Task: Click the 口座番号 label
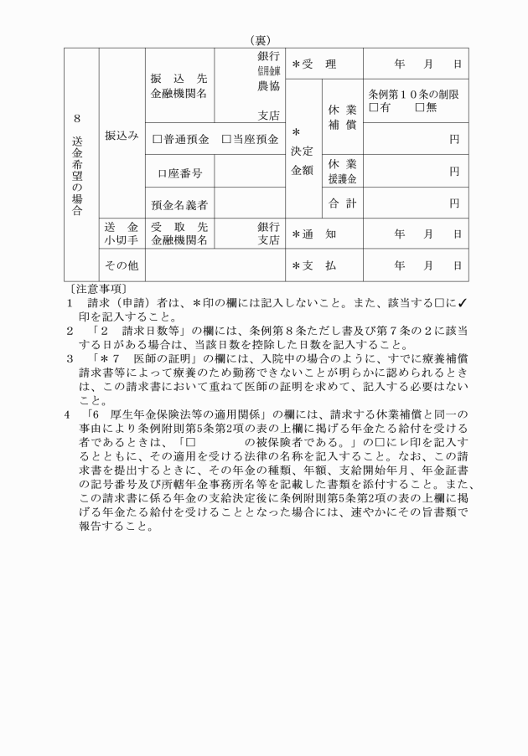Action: pyautogui.click(x=179, y=172)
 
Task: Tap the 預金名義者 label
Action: pyautogui.click(x=179, y=203)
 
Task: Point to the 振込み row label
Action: pyautogui.click(x=122, y=134)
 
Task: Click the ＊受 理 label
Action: pyautogui.click(x=313, y=64)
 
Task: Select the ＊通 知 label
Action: pyautogui.click(x=313, y=234)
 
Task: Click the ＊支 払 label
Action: pyautogui.click(x=313, y=265)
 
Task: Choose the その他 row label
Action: pyautogui.click(x=122, y=265)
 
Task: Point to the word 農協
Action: pyautogui.click(x=267, y=84)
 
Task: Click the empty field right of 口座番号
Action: pyautogui.click(x=250, y=172)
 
